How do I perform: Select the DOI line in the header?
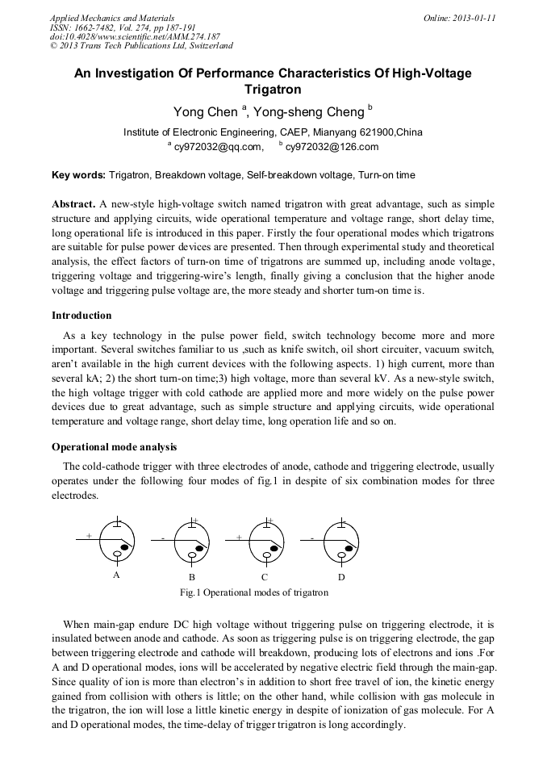coord(135,37)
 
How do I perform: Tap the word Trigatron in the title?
coord(273,90)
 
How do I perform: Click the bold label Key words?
coord(78,175)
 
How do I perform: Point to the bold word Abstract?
coord(73,204)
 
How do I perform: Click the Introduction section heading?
coord(81,316)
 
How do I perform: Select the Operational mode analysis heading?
coord(115,446)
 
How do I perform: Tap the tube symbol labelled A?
coord(118,542)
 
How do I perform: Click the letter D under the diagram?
coord(341,578)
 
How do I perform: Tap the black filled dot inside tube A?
coord(124,548)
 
